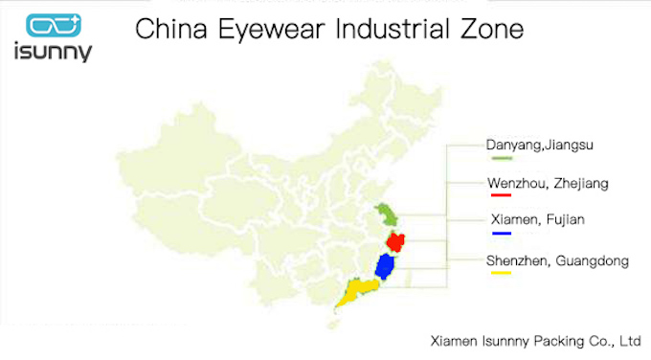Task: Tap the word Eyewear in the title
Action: click(250, 30)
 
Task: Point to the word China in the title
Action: click(166, 30)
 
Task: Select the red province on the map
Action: click(396, 240)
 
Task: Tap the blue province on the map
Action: click(387, 265)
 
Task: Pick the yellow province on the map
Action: click(357, 290)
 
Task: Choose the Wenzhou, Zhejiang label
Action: click(547, 182)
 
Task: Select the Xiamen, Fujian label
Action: click(536, 220)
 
